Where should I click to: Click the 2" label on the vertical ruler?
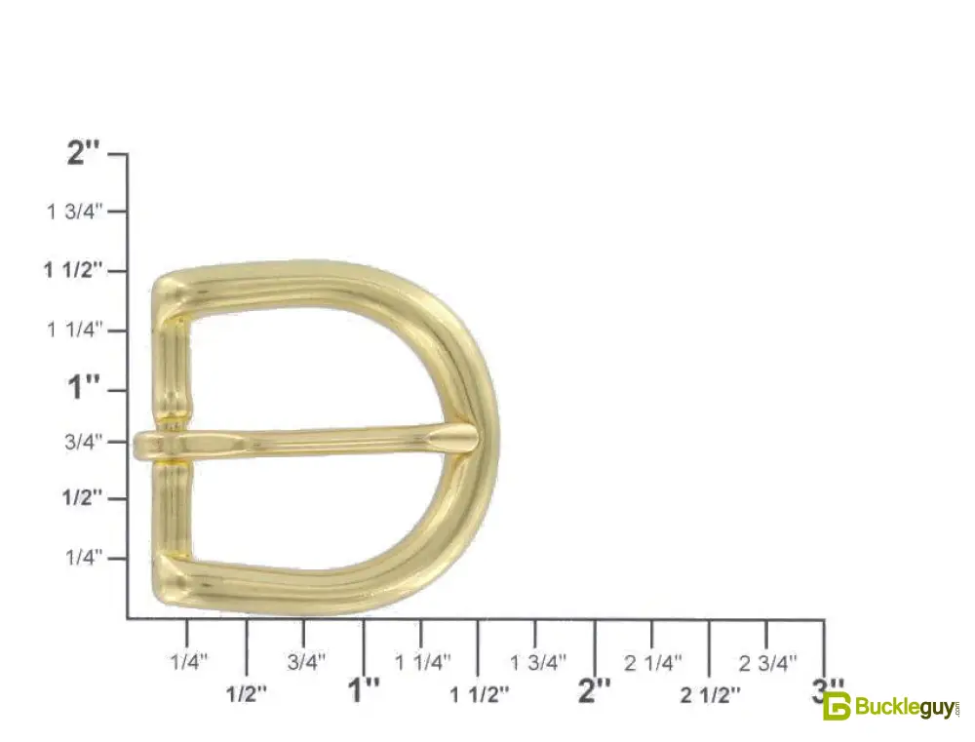[x=83, y=152]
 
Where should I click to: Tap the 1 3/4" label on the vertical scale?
[x=74, y=212]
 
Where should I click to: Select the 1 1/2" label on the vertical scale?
[x=72, y=270]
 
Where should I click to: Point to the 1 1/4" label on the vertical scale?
[x=74, y=330]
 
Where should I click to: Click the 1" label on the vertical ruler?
[x=83, y=387]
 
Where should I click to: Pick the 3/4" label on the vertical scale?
[x=83, y=443]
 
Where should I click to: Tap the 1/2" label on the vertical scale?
[x=81, y=498]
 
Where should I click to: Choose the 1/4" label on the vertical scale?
[x=83, y=558]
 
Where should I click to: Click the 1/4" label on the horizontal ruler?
[x=189, y=662]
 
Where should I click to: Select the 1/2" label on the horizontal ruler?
[x=247, y=694]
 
